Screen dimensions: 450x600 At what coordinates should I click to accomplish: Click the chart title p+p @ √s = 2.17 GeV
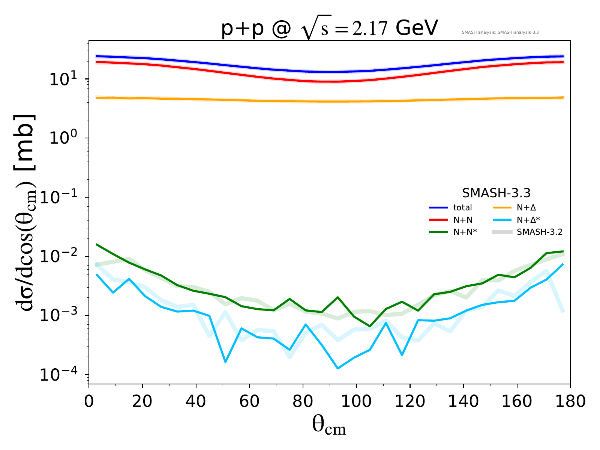pos(329,29)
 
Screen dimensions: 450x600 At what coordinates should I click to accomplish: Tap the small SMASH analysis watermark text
pos(500,33)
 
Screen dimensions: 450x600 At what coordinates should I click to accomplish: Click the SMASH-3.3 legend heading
pos(496,193)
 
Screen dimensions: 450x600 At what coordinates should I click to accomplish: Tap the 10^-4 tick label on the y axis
pos(60,375)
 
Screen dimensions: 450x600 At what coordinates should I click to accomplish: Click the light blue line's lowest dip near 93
pos(337,368)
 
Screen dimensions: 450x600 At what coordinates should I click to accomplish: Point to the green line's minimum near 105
pos(370,326)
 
